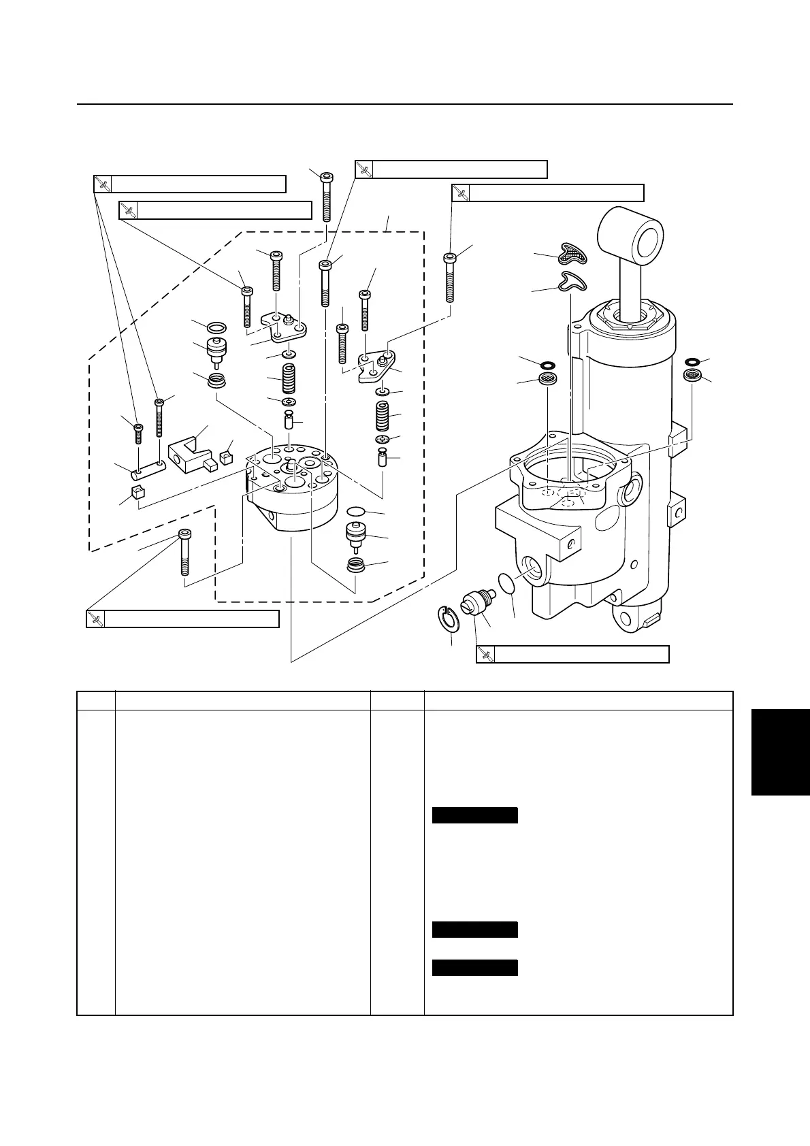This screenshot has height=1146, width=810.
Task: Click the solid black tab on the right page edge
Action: click(780, 751)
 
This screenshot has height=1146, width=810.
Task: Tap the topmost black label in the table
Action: click(475, 815)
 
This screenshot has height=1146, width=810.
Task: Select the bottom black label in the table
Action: click(475, 967)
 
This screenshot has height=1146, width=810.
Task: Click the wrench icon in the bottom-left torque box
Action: click(95, 619)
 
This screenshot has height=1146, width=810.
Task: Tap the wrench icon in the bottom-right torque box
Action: click(485, 654)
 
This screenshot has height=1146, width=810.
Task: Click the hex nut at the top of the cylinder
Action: click(630, 318)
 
